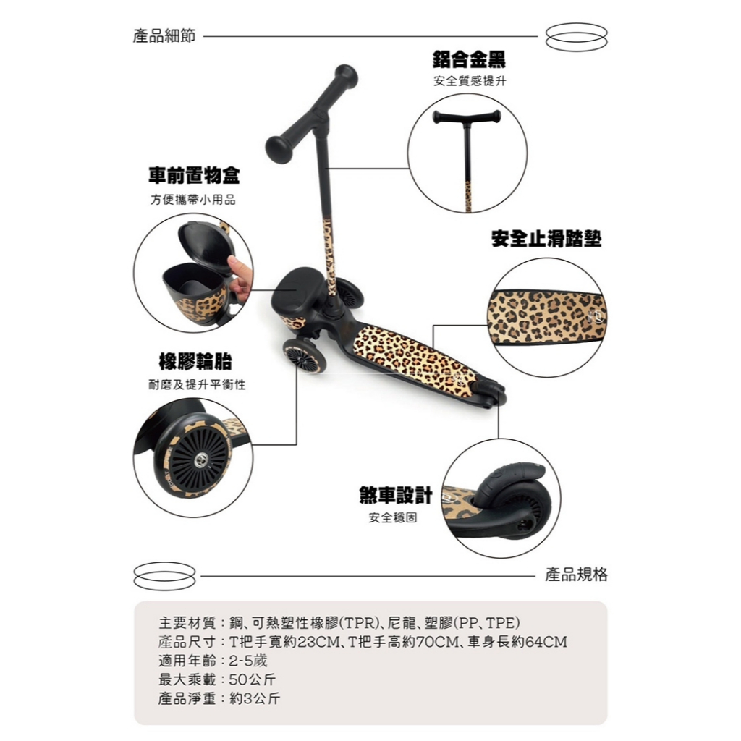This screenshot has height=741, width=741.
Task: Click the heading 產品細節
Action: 164,36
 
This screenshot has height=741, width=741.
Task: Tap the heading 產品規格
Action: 576,574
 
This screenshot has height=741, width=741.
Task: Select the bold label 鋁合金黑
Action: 469,59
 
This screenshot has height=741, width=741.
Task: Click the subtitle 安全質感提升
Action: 470,81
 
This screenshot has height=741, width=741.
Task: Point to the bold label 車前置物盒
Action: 194,176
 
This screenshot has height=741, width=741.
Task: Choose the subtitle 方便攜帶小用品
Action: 193,200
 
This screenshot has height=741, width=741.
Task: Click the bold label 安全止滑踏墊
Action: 546,239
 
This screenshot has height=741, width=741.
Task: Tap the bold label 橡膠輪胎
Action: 195,362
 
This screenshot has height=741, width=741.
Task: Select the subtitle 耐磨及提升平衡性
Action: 197,385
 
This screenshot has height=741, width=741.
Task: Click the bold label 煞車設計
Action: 396,495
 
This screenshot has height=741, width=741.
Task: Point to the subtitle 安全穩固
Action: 393,518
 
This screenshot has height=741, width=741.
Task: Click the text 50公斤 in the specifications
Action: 253,679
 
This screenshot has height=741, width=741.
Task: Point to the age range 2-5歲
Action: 248,661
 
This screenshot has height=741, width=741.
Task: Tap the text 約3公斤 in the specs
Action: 255,698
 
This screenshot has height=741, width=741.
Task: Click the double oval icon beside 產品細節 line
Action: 576,36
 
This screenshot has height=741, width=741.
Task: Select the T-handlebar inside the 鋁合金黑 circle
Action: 467,117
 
